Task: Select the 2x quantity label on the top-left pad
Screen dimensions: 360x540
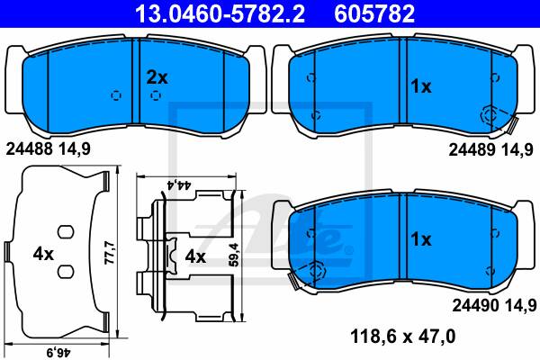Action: (157, 76)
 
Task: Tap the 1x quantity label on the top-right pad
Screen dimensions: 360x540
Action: (421, 86)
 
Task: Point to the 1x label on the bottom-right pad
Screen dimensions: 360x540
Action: (421, 240)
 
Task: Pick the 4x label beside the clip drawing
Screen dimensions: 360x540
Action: (195, 256)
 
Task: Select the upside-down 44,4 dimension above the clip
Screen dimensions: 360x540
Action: (188, 184)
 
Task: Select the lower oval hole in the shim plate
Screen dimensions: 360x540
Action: (65, 271)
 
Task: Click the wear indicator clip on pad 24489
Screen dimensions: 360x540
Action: (491, 115)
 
